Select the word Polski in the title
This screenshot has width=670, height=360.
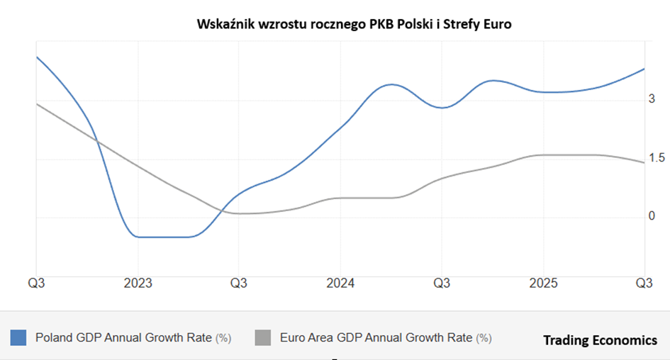413,25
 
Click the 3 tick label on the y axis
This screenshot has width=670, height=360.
652,99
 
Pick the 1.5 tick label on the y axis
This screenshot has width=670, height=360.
657,158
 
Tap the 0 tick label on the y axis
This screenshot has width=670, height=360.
652,216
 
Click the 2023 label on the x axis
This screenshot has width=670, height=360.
138,283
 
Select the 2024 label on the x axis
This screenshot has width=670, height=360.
340,283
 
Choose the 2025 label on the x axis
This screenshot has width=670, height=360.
543,283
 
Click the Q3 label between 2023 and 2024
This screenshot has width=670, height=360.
239,283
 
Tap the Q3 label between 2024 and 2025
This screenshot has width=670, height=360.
442,283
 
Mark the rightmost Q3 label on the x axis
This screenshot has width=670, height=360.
644,283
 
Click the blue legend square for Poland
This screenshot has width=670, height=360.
18,338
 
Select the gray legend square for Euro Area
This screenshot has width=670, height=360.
262,338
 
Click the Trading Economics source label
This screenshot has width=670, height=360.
600,341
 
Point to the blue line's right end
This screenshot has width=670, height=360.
644,69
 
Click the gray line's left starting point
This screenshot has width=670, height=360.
37,104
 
